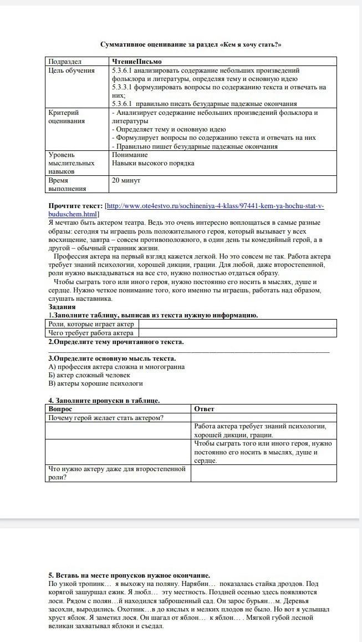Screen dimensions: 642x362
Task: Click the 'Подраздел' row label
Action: (65, 62)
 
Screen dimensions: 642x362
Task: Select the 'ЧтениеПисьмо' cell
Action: (136, 62)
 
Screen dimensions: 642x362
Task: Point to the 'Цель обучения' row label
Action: (72, 70)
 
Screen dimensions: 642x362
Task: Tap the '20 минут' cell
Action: (126, 181)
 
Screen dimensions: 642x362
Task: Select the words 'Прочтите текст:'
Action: (75, 206)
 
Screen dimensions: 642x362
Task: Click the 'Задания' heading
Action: (62, 307)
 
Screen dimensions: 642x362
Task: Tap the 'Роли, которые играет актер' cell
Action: (91, 324)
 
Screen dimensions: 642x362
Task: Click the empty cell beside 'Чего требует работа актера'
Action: (237, 333)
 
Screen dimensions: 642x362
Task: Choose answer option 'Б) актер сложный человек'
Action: (89, 375)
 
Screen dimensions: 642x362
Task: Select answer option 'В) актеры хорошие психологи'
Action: (95, 383)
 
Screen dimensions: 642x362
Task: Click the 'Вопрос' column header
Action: (60, 409)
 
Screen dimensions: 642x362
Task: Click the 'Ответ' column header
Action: (204, 409)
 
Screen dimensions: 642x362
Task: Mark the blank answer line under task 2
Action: (188, 351)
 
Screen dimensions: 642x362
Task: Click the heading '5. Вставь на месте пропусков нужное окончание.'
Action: (129, 575)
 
